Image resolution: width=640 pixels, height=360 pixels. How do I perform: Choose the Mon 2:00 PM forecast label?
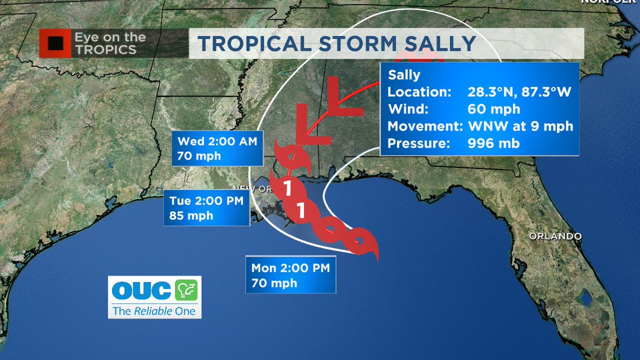(290, 268)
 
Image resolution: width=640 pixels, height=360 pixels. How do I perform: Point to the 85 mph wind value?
(191, 215)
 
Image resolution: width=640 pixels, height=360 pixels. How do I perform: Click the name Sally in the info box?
(404, 75)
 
